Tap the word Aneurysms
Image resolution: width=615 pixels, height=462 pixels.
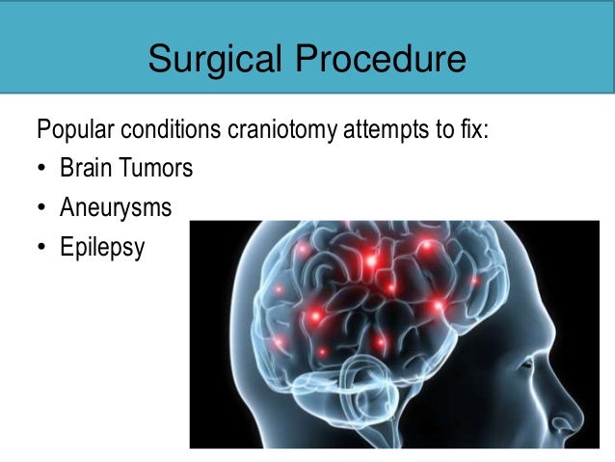[116, 207]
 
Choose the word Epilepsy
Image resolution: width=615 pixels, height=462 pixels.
[101, 248]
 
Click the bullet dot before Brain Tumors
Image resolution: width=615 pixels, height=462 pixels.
[42, 169]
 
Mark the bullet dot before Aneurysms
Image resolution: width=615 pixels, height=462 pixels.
[42, 208]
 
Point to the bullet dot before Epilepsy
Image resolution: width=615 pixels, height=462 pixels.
[42, 248]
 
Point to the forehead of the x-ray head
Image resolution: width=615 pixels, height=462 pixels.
[540, 270]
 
